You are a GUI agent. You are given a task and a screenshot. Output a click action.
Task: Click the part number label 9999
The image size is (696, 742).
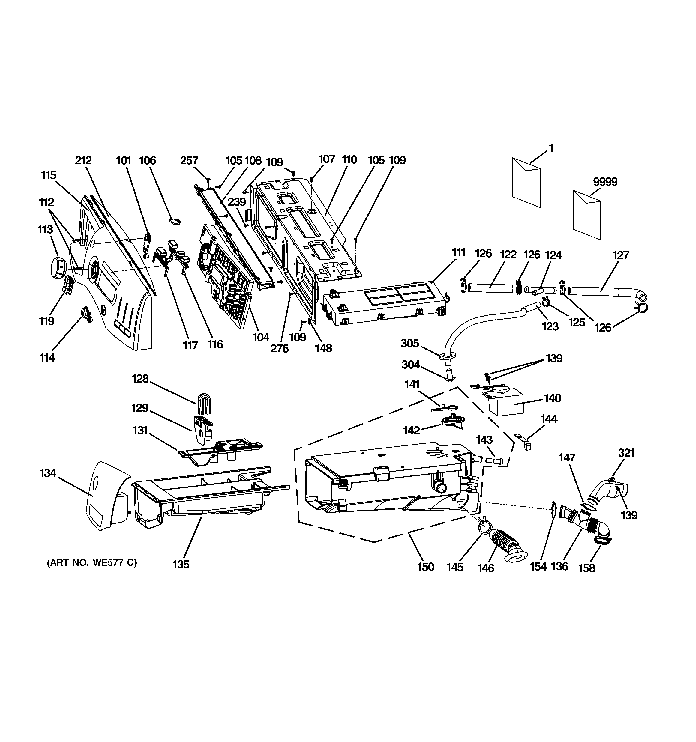coord(605,182)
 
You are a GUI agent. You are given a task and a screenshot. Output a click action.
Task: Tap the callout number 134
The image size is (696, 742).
coord(48,473)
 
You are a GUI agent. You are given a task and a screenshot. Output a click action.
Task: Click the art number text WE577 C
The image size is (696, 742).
coord(92,562)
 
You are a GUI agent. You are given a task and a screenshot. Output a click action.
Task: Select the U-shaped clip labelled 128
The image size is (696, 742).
coord(203,404)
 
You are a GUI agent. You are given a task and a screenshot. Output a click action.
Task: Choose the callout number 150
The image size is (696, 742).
coord(425,567)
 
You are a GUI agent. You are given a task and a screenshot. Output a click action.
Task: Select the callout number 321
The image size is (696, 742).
coord(626,453)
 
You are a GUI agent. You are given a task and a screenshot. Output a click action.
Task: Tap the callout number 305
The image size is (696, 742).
coord(410,343)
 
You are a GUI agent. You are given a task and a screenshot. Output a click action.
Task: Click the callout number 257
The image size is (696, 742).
coord(189,160)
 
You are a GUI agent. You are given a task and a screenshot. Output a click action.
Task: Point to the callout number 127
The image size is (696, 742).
coord(620,255)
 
